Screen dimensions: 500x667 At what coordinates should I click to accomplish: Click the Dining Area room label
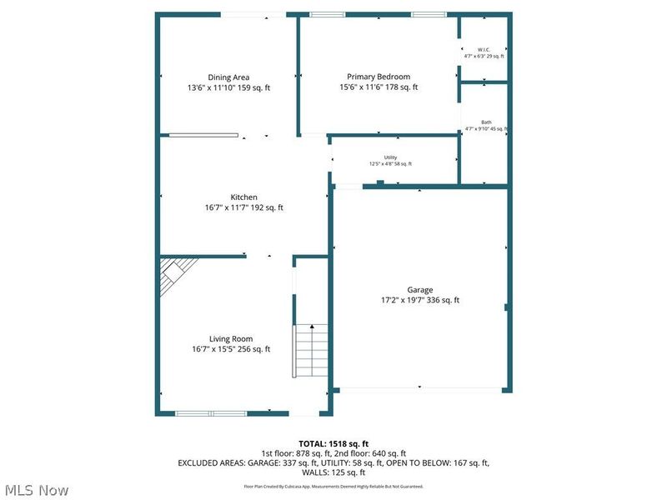click(228, 77)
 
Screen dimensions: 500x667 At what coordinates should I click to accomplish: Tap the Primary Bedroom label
click(379, 77)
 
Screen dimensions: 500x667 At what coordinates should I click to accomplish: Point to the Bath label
click(486, 122)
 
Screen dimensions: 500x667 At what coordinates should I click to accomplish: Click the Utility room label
click(390, 157)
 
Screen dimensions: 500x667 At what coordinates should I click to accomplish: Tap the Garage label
click(420, 290)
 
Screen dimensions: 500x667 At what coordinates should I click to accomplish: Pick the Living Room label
click(231, 338)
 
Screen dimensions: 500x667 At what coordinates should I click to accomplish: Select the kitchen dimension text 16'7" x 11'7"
click(221, 208)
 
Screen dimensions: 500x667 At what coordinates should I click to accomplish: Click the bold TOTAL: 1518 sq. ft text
click(333, 443)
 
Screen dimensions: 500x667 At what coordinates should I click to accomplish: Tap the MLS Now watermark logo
click(35, 490)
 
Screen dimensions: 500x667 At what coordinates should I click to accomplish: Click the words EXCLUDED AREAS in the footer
click(204, 462)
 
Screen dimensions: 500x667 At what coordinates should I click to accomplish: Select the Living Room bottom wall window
click(211, 413)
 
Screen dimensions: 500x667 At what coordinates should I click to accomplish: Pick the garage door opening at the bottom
click(420, 388)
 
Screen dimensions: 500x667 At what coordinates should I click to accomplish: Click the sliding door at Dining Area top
click(253, 14)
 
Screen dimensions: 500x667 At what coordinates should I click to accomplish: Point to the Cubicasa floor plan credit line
click(333, 486)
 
